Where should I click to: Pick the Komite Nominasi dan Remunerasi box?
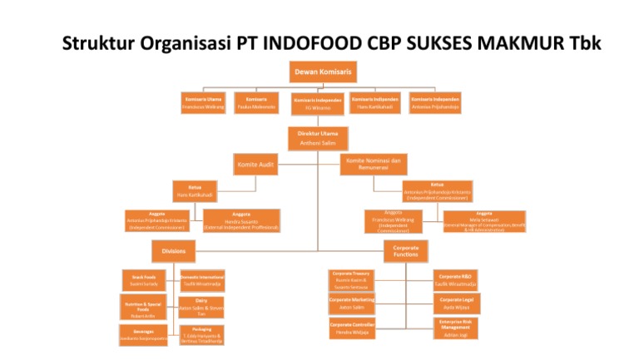[373, 164]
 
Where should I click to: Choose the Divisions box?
[174, 249]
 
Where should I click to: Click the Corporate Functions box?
[405, 250]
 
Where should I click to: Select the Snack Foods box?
[144, 280]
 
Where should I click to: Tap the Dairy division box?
[201, 308]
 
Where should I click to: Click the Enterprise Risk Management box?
[456, 328]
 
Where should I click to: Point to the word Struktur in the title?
[96, 42]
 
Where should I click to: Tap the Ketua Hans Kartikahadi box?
[196, 190]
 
